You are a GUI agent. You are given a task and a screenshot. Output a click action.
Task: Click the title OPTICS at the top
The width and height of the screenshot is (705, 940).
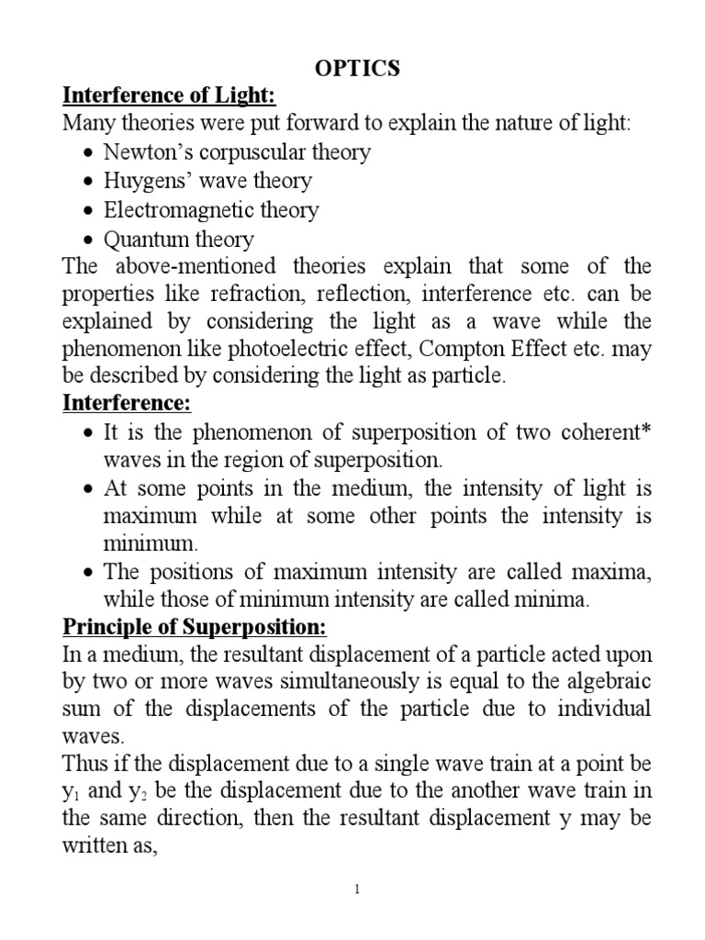point(352,71)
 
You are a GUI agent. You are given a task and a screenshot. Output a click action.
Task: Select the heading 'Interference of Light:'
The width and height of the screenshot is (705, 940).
point(169,96)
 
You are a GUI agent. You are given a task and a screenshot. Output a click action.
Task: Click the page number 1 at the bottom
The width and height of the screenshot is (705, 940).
point(352,913)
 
